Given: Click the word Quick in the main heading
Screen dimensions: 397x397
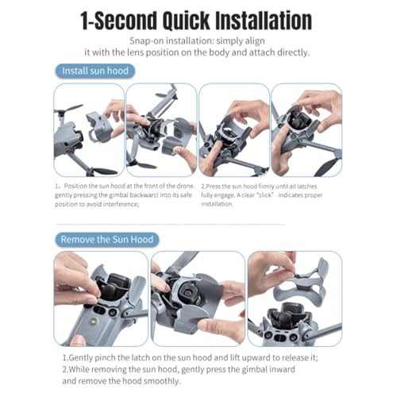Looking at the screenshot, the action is click(x=187, y=21).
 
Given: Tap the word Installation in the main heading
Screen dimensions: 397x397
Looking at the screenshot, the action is click(x=264, y=21).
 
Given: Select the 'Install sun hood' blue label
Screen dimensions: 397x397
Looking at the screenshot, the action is click(x=95, y=71).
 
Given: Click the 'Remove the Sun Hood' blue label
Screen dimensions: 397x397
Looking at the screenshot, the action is click(x=107, y=240).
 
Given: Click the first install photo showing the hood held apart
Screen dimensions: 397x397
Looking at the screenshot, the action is click(x=89, y=130).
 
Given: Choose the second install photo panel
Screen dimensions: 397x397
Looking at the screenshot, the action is click(x=161, y=130).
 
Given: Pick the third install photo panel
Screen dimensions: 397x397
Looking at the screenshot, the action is click(x=234, y=130).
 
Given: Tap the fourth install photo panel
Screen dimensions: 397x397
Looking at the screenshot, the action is click(x=306, y=130).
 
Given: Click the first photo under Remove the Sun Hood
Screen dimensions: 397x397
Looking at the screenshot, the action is click(x=101, y=299).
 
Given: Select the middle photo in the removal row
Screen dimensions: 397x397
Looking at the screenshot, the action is click(x=198, y=299).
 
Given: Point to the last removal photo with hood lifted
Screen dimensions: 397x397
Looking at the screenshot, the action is click(x=295, y=299).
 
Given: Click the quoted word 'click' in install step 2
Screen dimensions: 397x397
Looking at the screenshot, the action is click(x=265, y=195).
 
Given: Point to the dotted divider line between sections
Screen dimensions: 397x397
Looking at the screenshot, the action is click(x=170, y=224).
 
